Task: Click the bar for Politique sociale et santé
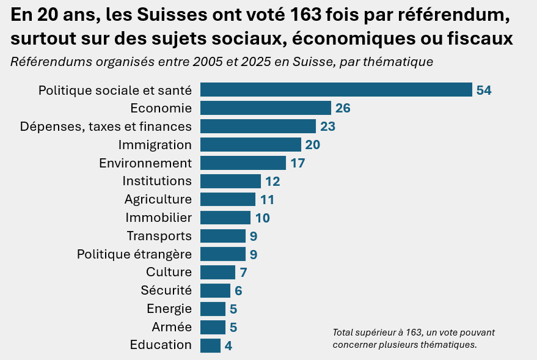tap(336, 90)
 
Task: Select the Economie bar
tap(265, 108)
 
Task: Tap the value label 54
tap(484, 90)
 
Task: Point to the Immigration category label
tap(155, 145)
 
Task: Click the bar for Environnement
tap(243, 163)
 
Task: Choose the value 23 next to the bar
tap(328, 127)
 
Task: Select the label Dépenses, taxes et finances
tap(106, 127)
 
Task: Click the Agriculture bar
tap(227, 199)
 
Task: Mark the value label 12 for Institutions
tap(272, 182)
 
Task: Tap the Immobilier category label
tap(158, 218)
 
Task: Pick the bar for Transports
tap(222, 236)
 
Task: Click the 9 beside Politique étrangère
tap(254, 254)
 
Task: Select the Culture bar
tap(217, 272)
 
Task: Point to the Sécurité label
tap(166, 290)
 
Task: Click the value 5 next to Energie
tap(233, 309)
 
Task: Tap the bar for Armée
tap(213, 327)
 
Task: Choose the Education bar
tap(210, 345)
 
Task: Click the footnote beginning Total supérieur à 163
tap(414, 339)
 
